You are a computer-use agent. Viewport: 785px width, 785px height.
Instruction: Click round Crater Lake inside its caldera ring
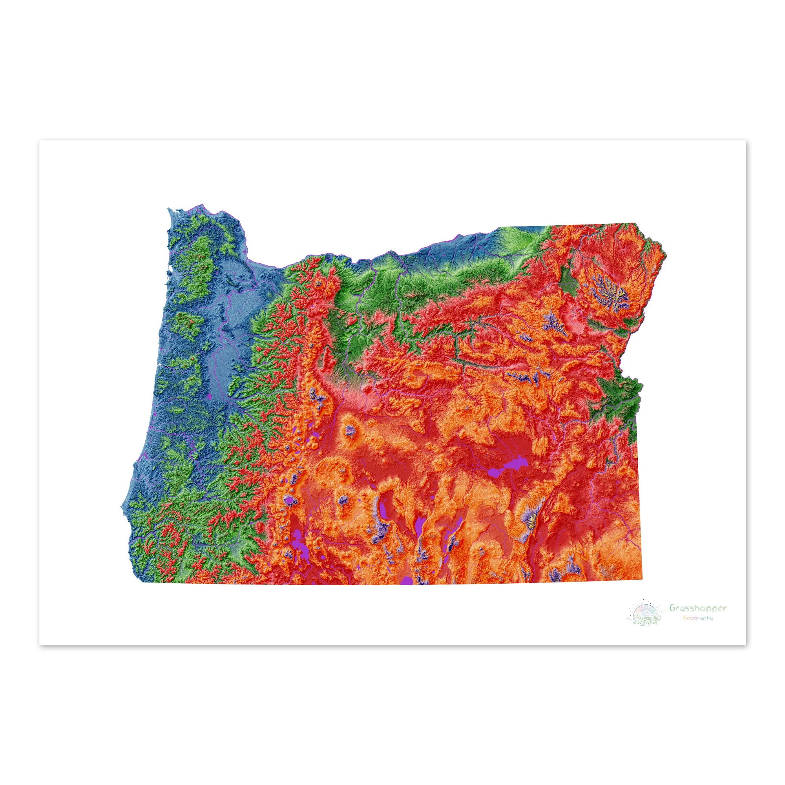coord(289,500)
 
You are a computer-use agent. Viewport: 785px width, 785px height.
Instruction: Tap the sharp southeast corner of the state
coord(643,579)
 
